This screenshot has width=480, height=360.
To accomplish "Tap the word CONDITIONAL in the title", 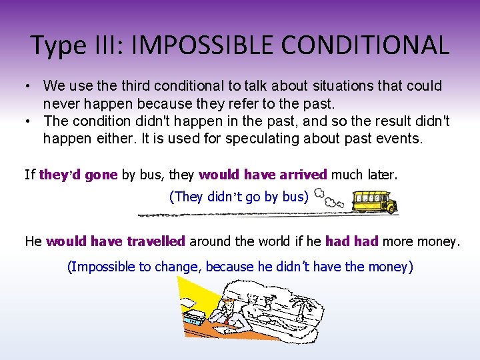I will coord(364,45).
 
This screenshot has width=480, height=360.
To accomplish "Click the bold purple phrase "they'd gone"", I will coord(79,175).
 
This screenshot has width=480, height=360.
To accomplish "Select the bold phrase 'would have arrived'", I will coord(263,175).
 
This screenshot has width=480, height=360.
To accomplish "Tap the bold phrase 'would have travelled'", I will coord(115,241).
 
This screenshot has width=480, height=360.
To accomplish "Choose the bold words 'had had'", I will coord(351,241).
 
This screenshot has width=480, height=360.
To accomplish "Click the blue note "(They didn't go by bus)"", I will coord(239,197).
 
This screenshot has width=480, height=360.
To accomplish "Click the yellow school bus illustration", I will coord(374,201).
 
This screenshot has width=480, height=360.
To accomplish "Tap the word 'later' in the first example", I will coord(381,175).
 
